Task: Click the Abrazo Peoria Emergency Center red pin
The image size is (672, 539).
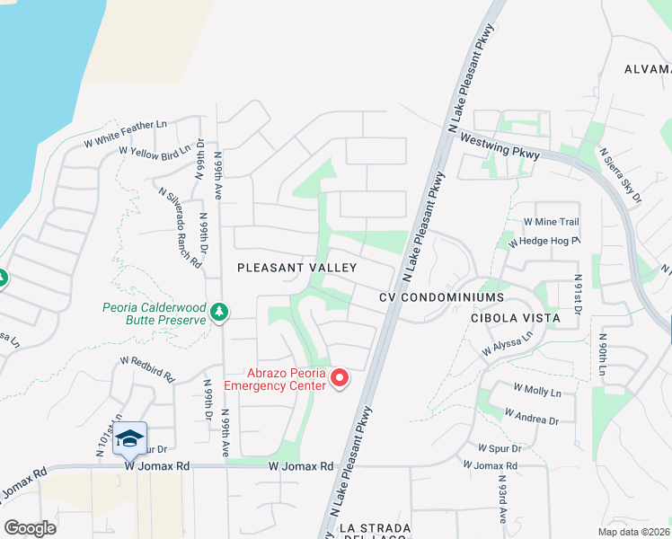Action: coord(340,379)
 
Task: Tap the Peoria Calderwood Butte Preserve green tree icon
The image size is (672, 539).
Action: coord(219,312)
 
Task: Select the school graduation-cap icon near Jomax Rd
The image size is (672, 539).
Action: coord(130,438)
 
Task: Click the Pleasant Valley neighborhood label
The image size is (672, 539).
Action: coord(296,268)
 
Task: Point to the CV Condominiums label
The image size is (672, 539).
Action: coord(441,296)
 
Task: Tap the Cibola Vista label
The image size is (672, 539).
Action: coord(515,318)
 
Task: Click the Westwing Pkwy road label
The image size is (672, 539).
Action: coord(499,148)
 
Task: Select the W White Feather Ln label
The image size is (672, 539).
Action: coord(126,132)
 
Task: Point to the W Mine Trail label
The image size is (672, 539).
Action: coord(551,222)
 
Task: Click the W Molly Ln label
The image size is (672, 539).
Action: coord(536,391)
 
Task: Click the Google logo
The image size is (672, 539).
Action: coord(30,528)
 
